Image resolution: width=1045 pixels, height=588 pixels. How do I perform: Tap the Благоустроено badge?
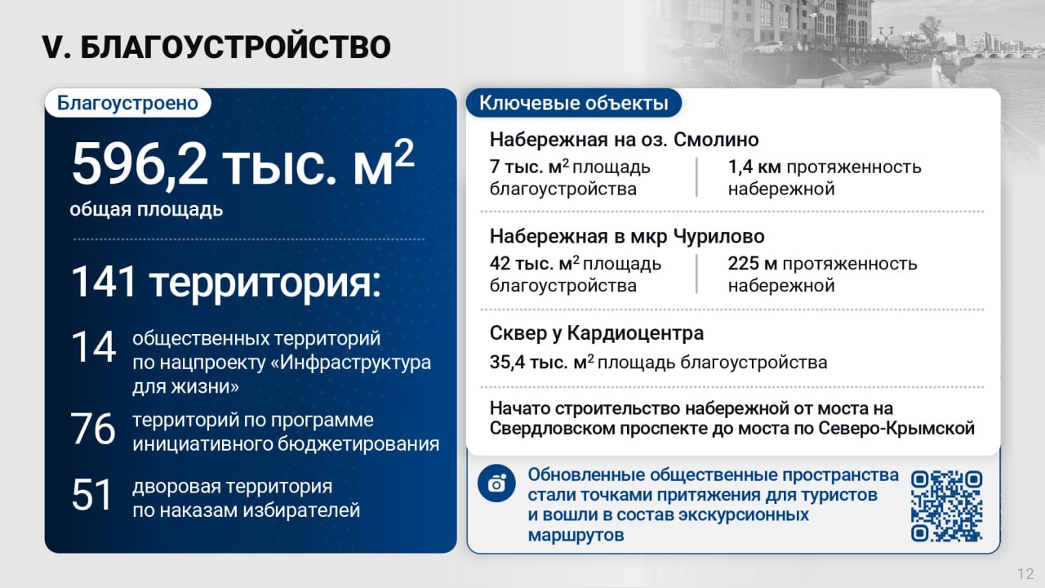point(128,103)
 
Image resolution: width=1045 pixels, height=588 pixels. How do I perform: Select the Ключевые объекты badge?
point(574,103)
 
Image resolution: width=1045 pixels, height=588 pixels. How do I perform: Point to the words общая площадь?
point(146,210)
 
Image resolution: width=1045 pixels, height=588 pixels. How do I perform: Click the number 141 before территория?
point(104,282)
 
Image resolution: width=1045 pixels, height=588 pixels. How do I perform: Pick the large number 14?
point(93,347)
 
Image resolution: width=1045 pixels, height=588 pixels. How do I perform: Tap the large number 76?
point(93,429)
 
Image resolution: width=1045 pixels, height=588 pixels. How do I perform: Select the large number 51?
point(92,495)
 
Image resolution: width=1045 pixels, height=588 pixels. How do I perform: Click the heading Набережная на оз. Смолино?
point(625,140)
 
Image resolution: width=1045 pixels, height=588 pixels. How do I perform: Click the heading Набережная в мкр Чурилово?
point(627,237)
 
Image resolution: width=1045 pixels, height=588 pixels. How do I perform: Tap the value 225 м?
point(753,264)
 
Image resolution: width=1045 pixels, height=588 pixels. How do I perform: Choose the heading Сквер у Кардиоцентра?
point(597,333)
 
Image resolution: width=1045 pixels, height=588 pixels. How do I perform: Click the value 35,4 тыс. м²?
point(541,362)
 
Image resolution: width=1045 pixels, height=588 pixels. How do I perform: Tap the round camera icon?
point(496,483)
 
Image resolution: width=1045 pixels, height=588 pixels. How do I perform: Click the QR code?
point(946,506)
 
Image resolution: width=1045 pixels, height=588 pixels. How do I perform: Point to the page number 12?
point(1026,573)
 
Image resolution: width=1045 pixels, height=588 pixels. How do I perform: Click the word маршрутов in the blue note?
point(576,535)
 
